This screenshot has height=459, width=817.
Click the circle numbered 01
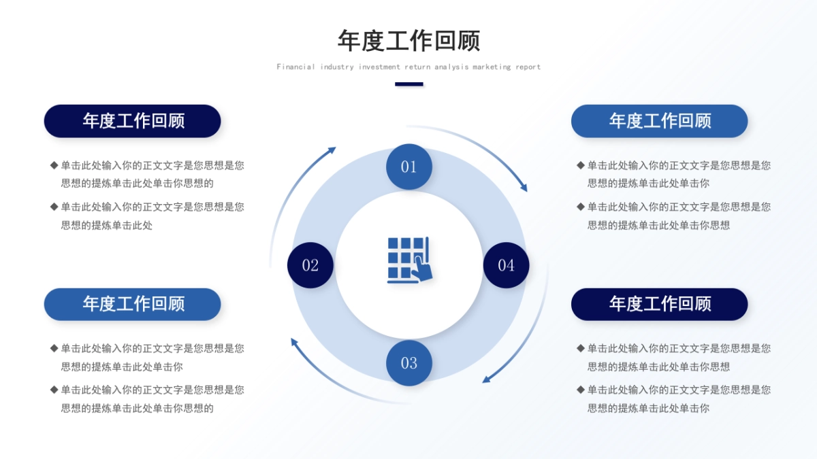click(x=408, y=167)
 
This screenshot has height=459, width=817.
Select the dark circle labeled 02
click(x=310, y=265)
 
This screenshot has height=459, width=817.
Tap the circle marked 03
click(x=408, y=363)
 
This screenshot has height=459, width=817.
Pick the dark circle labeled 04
click(x=506, y=265)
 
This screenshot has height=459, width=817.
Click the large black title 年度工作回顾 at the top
click(x=408, y=41)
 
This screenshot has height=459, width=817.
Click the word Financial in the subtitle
click(x=295, y=67)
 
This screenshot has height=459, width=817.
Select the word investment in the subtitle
click(x=379, y=67)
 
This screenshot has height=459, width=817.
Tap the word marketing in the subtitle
click(x=492, y=67)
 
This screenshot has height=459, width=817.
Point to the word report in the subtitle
click(x=528, y=67)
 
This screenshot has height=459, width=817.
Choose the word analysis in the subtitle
click(x=451, y=67)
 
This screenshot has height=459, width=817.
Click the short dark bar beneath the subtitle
click(x=409, y=84)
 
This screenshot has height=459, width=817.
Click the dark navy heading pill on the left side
click(x=133, y=121)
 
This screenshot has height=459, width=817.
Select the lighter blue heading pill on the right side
click(x=659, y=121)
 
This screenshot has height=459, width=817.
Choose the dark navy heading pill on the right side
click(x=659, y=304)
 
